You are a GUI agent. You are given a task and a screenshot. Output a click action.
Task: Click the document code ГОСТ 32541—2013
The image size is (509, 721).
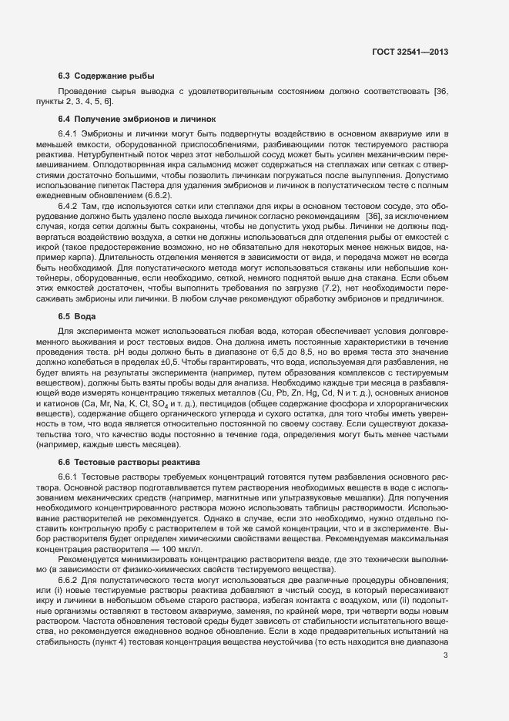tap(410, 52)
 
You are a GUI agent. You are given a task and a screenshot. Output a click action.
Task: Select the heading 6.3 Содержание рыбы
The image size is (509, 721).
tap(106, 76)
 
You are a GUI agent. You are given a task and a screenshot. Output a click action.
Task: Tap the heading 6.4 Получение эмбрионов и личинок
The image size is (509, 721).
tap(137, 119)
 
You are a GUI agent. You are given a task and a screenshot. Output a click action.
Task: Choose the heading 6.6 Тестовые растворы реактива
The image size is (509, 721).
tap(129, 462)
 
